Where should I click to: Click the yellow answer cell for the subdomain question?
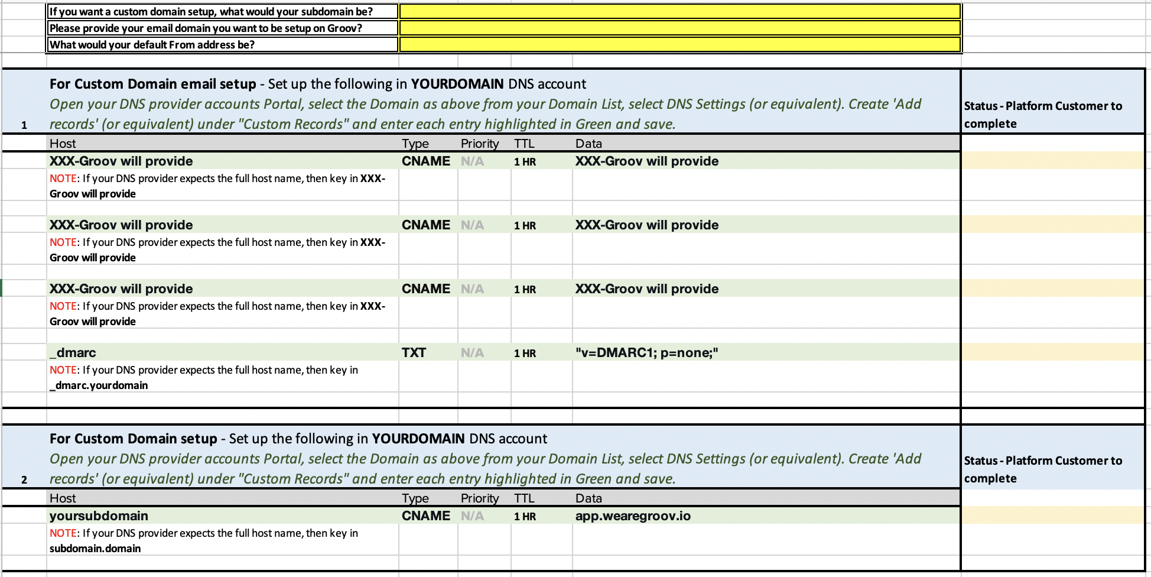pyautogui.click(x=679, y=11)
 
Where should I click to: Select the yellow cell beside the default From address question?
pyautogui.click(x=679, y=44)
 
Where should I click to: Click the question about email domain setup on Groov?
pyautogui.click(x=206, y=28)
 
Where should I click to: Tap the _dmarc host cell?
pyautogui.click(x=73, y=352)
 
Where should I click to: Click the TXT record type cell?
pyautogui.click(x=414, y=352)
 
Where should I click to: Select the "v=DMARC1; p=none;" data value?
pyautogui.click(x=646, y=352)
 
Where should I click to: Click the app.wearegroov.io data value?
pyautogui.click(x=633, y=516)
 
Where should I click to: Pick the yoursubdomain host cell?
pyautogui.click(x=99, y=516)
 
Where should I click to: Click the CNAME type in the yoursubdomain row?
pyautogui.click(x=425, y=516)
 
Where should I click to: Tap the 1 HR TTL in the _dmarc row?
pyautogui.click(x=525, y=353)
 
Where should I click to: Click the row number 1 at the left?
pyautogui.click(x=24, y=125)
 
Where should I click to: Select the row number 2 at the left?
pyautogui.click(x=24, y=479)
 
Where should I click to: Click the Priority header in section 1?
pyautogui.click(x=480, y=143)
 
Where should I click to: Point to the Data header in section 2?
pyautogui.click(x=588, y=498)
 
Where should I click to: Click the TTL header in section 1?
pyautogui.click(x=524, y=143)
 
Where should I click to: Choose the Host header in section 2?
pyautogui.click(x=63, y=498)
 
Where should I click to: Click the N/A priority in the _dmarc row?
pyautogui.click(x=472, y=353)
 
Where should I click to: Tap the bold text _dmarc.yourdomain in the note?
pyautogui.click(x=99, y=385)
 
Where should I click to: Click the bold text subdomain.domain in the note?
pyautogui.click(x=95, y=549)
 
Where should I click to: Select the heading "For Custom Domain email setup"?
pyautogui.click(x=152, y=84)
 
